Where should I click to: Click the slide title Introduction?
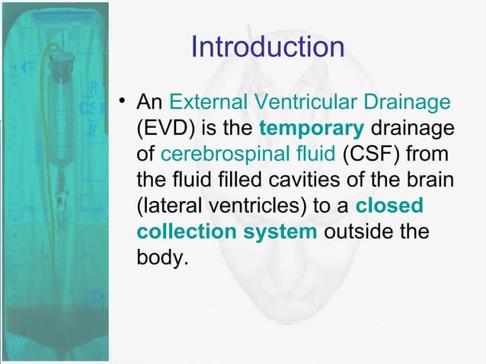point(267,48)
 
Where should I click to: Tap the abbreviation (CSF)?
point(369,155)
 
